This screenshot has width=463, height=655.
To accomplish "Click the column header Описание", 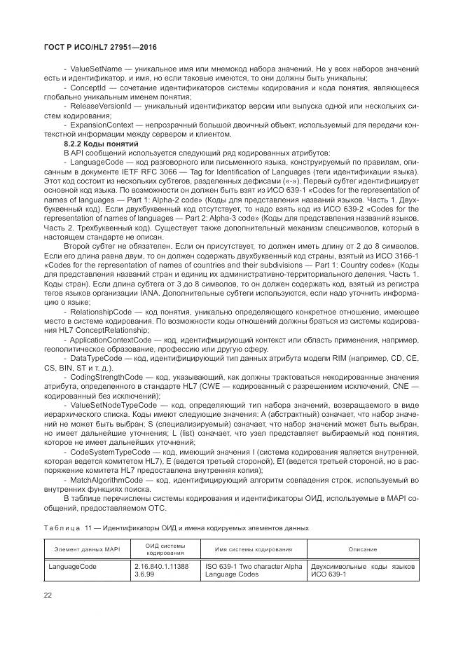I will pos(364,550).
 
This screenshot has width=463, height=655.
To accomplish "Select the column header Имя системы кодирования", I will pos(253,550).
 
